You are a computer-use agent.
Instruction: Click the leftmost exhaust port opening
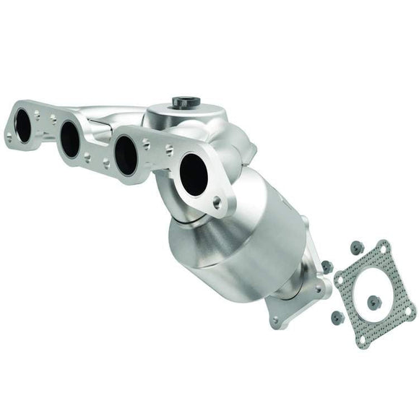coord(23,126)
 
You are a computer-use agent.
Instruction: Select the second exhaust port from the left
coord(70,139)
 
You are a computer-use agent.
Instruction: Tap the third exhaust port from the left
coord(125,155)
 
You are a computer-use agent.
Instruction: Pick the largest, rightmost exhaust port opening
coord(193,175)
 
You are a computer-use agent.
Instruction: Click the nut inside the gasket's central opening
coord(373,303)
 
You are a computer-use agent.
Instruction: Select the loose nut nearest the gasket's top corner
coord(356,247)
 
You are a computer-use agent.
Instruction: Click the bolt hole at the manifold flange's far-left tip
coord(9,136)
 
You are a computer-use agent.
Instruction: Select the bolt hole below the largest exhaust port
coord(217,204)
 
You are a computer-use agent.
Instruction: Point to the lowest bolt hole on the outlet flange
coord(275,319)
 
